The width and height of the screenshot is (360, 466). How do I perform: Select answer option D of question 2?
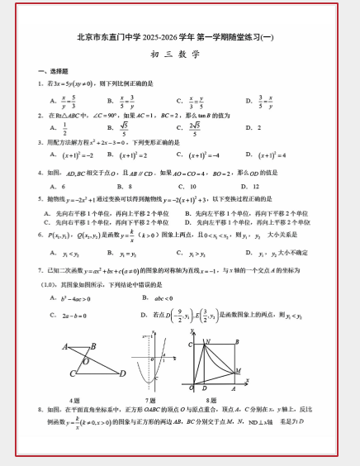coord(253,128)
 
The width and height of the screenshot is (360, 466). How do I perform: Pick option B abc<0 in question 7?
coord(162,299)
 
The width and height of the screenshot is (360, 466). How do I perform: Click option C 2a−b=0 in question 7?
coord(74,315)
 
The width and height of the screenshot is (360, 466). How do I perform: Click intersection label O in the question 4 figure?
coord(86,361)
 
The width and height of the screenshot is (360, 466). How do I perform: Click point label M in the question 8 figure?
coord(239,370)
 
